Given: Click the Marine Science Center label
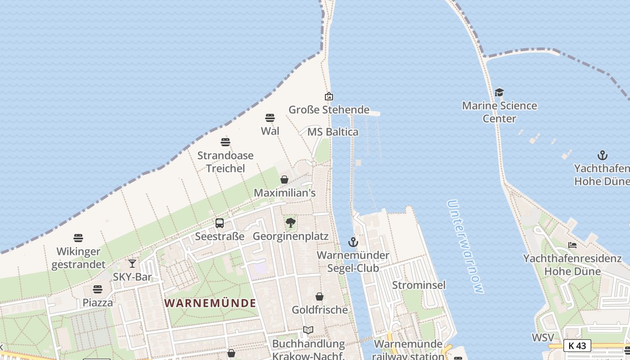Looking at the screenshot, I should tap(499, 112).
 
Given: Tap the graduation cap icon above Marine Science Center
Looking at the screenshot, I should tap(499, 93).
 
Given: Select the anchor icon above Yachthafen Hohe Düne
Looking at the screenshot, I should tap(603, 156).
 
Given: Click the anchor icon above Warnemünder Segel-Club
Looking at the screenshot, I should tap(353, 242).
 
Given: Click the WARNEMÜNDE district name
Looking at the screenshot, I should tap(210, 303).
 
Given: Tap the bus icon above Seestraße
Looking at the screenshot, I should tap(220, 223).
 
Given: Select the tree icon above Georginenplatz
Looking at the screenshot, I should tap(291, 222).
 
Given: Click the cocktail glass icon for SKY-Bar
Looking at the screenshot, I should tap(132, 264).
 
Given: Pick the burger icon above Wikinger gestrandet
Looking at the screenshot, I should tap(78, 238).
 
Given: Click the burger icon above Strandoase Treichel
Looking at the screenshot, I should tap(225, 142).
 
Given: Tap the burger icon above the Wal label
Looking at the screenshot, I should tap(270, 118).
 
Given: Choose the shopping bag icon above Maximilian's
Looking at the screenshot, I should tap(284, 180).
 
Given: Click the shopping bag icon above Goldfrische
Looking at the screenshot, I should tap(319, 297).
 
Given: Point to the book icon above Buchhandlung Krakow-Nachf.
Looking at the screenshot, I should tap(308, 330).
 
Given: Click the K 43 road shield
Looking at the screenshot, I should tap(577, 346).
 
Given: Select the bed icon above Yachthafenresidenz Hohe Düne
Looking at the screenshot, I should tap(572, 245).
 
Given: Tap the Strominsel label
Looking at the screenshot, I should tap(418, 285).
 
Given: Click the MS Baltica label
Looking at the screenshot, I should tap(333, 132).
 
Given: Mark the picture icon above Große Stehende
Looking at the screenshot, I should tap(329, 96).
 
